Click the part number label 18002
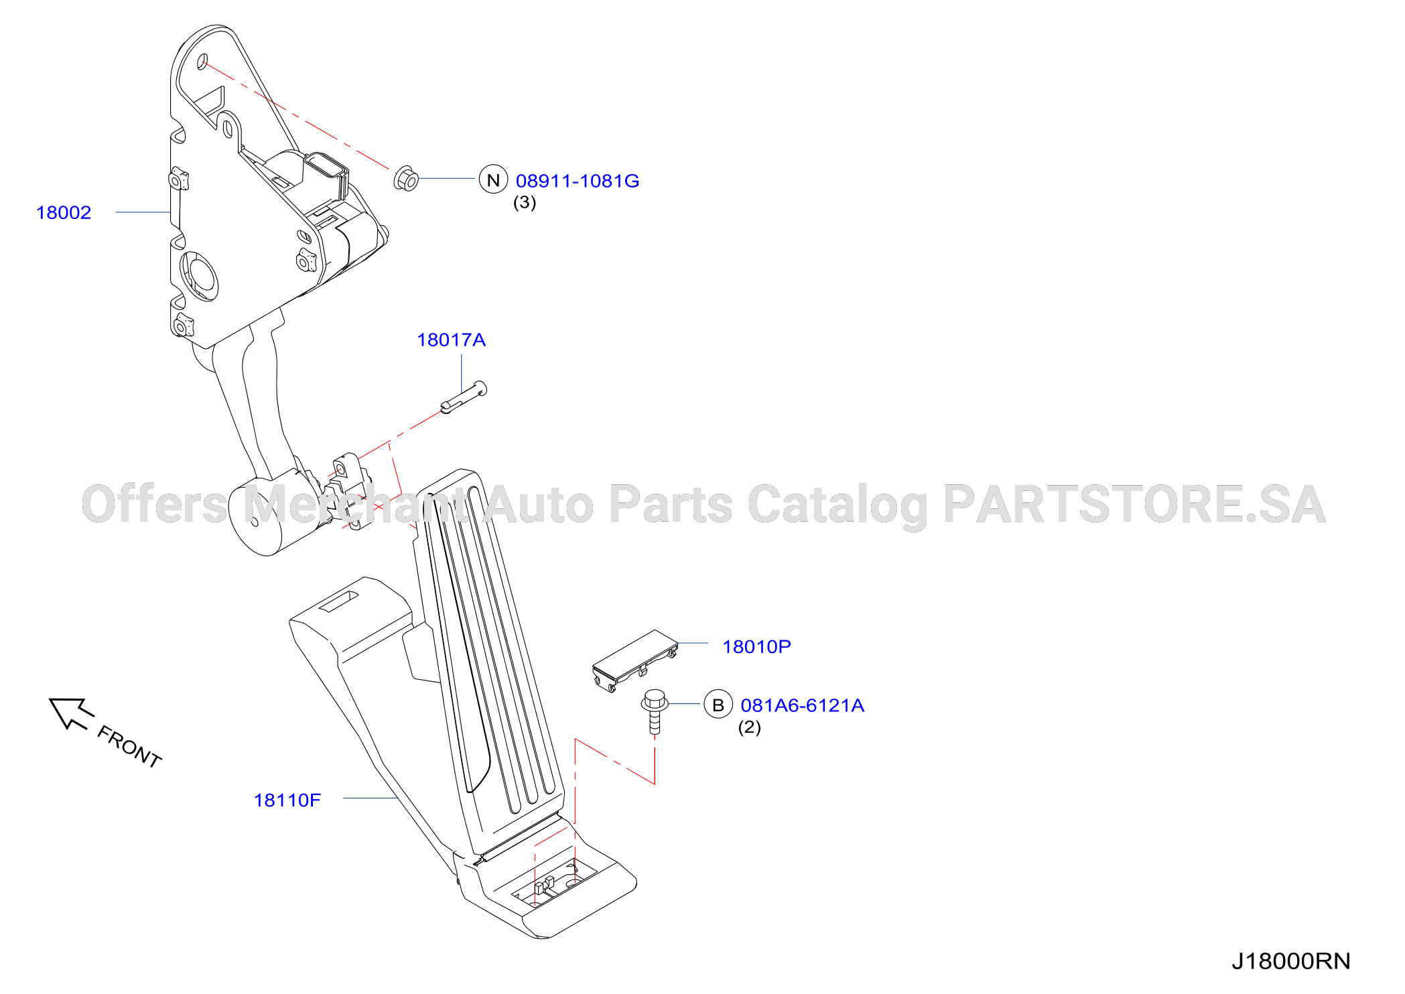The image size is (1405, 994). point(64,212)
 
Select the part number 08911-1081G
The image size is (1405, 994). point(578,181)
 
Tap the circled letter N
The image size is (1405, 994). point(493,180)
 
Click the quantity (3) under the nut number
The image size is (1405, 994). point(525,202)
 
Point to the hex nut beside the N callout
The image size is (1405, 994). point(406,178)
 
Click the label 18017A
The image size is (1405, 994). point(451,340)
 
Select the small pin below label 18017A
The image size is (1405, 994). point(464,397)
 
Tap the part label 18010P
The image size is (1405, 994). point(756,646)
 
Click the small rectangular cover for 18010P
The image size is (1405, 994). point(634,660)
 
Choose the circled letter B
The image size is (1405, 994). point(718,705)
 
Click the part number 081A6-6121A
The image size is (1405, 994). point(802,705)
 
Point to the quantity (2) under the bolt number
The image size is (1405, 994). point(749,727)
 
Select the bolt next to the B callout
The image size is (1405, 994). point(655,711)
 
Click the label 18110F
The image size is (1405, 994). point(287,800)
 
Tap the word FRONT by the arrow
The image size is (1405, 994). point(129,746)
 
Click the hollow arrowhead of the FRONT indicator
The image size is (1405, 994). point(67,712)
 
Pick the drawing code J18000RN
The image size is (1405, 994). point(1290,961)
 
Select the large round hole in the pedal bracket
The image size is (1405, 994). point(199,276)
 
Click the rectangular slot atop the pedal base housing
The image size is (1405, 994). point(338,601)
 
